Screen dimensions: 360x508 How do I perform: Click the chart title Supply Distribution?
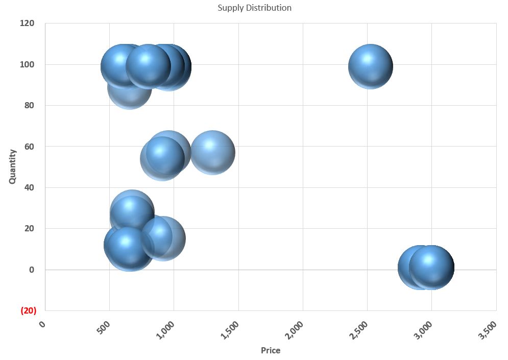click(254, 8)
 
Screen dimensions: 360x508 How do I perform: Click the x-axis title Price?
click(270, 350)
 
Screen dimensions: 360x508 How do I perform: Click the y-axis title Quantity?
click(12, 166)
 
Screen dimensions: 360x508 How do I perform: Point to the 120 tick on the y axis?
click(28, 23)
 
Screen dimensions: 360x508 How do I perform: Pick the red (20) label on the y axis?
click(28, 310)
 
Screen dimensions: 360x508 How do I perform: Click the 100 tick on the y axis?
click(28, 64)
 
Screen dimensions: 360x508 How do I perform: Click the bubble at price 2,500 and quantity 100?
click(371, 66)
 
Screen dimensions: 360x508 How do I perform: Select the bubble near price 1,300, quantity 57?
click(212, 152)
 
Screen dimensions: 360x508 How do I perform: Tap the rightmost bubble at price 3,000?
click(432, 267)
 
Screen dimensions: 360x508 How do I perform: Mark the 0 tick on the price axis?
click(43, 323)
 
